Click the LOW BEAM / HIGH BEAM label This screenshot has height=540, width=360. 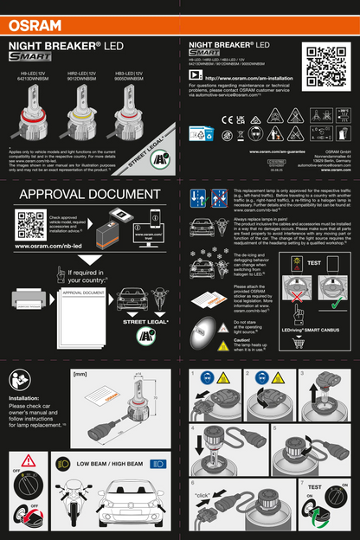click(108, 464)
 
